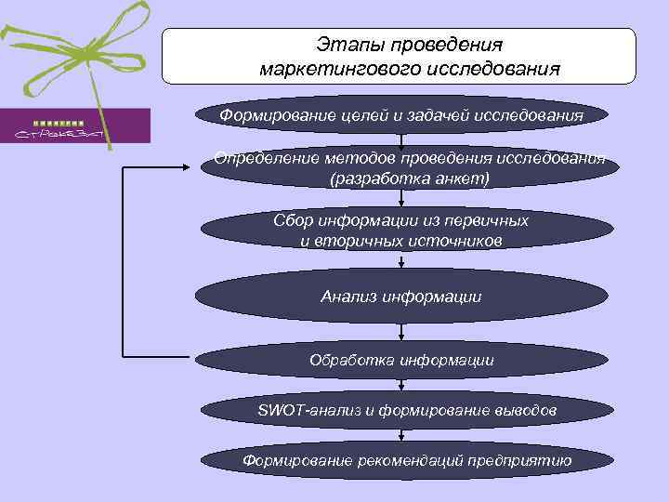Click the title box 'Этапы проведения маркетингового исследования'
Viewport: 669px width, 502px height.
400,56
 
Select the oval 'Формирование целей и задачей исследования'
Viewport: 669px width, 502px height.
401,114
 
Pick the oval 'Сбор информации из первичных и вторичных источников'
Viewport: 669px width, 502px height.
401,231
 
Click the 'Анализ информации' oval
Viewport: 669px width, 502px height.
401,297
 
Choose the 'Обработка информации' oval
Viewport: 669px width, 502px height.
401,359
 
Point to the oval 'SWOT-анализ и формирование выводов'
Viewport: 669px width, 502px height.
401,409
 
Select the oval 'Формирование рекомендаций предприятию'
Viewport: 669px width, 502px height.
401,460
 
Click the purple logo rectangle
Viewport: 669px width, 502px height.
74,125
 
